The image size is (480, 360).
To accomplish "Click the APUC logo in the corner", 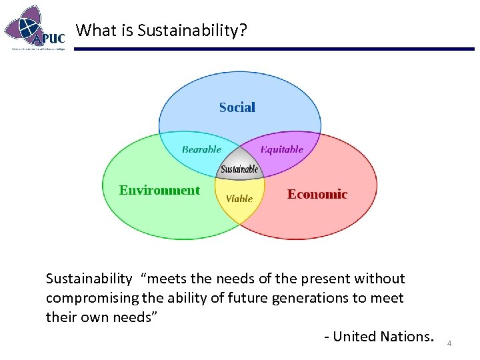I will [x=35, y=27].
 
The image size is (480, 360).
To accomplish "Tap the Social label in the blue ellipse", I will [x=237, y=107].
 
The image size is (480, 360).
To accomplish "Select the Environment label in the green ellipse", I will [x=159, y=191].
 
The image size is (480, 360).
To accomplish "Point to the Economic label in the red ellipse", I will [x=317, y=194].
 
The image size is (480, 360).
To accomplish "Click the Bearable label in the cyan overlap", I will [x=201, y=149].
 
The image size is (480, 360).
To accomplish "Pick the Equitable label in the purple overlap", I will [x=282, y=149].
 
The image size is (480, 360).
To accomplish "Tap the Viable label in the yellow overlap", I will [x=239, y=199].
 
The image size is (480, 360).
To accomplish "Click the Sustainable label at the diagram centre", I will [x=239, y=169].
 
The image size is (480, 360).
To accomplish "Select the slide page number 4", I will [x=449, y=343].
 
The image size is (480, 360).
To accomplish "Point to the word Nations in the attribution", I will [x=407, y=337].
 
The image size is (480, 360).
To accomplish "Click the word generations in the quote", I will [x=306, y=298].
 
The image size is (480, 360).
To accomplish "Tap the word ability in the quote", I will [x=183, y=298].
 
